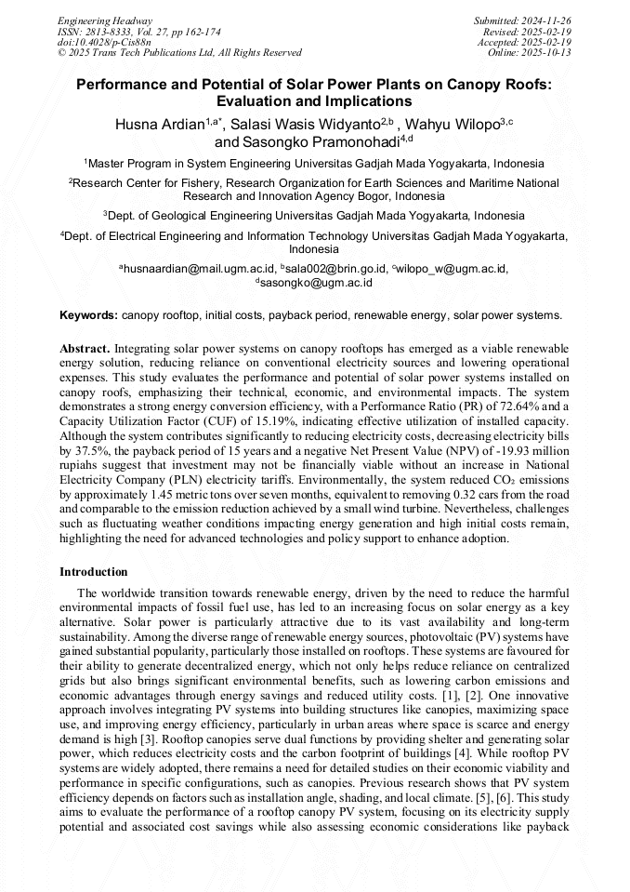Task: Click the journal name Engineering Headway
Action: point(92,20)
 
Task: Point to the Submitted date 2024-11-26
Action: point(522,20)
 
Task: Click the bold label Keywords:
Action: point(88,316)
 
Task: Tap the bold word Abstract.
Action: point(85,348)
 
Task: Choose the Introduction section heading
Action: point(94,572)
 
